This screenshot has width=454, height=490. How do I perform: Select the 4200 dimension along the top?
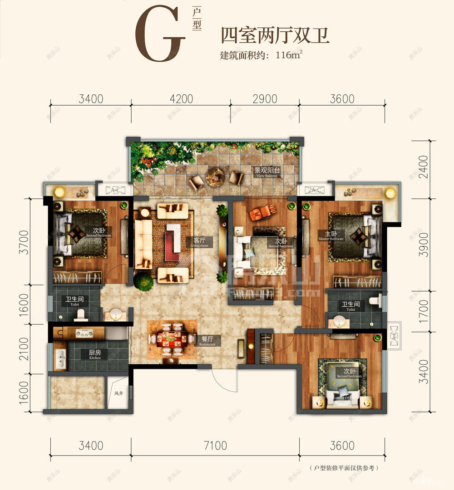pyautogui.click(x=180, y=98)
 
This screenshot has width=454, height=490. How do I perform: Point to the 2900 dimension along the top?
pyautogui.click(x=264, y=98)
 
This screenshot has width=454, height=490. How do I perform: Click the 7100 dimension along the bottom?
pyautogui.click(x=215, y=446)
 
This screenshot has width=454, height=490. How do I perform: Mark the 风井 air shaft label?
pyautogui.click(x=118, y=393)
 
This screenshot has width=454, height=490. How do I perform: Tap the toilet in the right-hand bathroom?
pyautogui.click(x=375, y=300)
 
